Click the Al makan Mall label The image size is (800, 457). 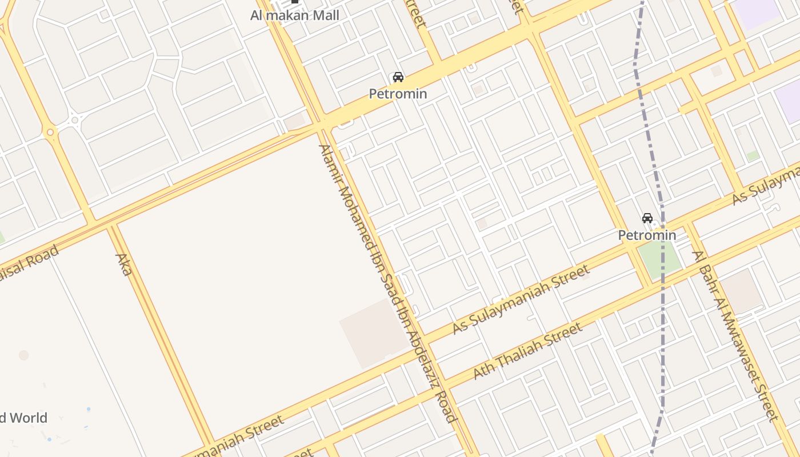[x=294, y=15]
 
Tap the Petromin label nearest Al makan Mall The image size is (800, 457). [x=398, y=94]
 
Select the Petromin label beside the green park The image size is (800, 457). [x=647, y=235]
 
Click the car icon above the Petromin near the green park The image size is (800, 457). [x=647, y=218]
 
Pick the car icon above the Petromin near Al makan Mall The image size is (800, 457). [x=398, y=77]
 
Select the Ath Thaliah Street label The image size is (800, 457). [x=528, y=351]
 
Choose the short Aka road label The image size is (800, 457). [x=124, y=264]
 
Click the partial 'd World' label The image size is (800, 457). [x=23, y=418]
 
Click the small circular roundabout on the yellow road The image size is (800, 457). [x=50, y=133]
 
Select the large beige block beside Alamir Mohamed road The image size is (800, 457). [x=374, y=332]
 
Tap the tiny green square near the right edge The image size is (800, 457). [x=753, y=155]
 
